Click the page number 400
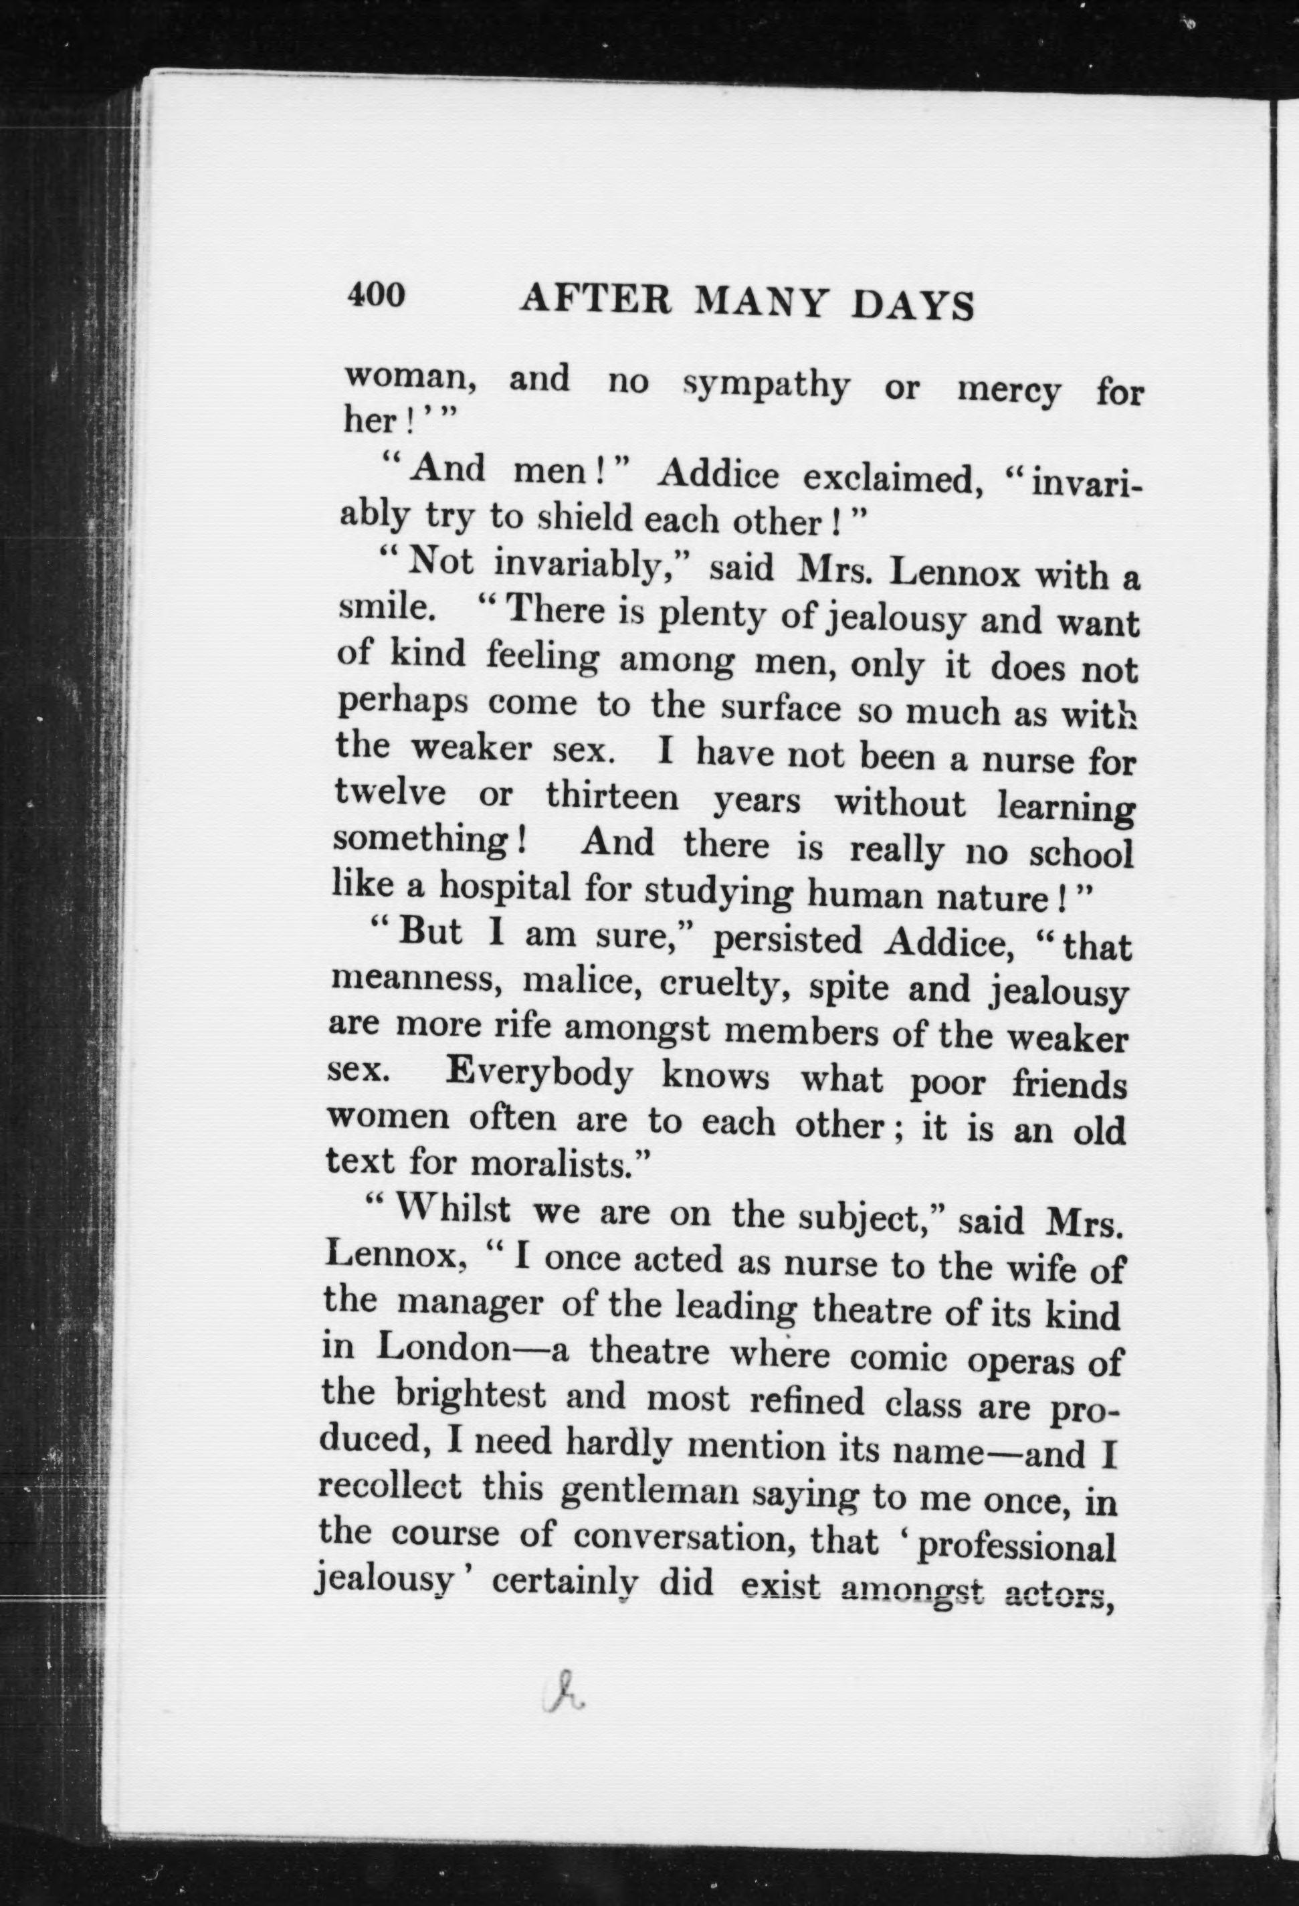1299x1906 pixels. [x=377, y=294]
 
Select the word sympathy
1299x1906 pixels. [x=768, y=385]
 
